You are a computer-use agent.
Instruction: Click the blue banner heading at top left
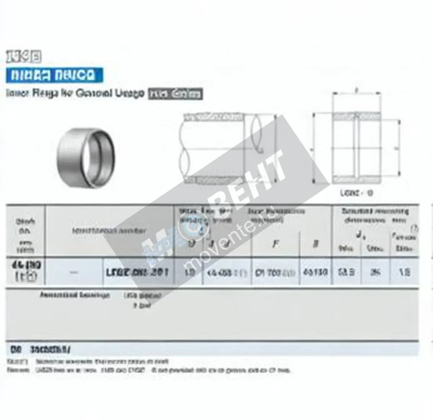pyautogui.click(x=54, y=75)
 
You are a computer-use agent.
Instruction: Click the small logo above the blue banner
pyautogui.click(x=24, y=57)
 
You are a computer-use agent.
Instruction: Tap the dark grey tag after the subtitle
pyautogui.click(x=175, y=94)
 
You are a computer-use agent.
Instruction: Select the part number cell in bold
pyautogui.click(x=137, y=272)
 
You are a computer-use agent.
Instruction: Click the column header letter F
pyautogui.click(x=276, y=244)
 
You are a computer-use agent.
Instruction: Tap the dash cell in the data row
pyautogui.click(x=74, y=273)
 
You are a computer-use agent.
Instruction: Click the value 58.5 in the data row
pyautogui.click(x=346, y=272)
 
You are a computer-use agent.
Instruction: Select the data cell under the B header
pyautogui.click(x=315, y=272)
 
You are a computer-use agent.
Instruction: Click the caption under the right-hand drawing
pyautogui.click(x=356, y=193)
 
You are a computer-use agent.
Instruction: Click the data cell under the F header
pyautogui.click(x=275, y=272)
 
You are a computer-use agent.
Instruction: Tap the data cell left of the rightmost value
pyautogui.click(x=375, y=272)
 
